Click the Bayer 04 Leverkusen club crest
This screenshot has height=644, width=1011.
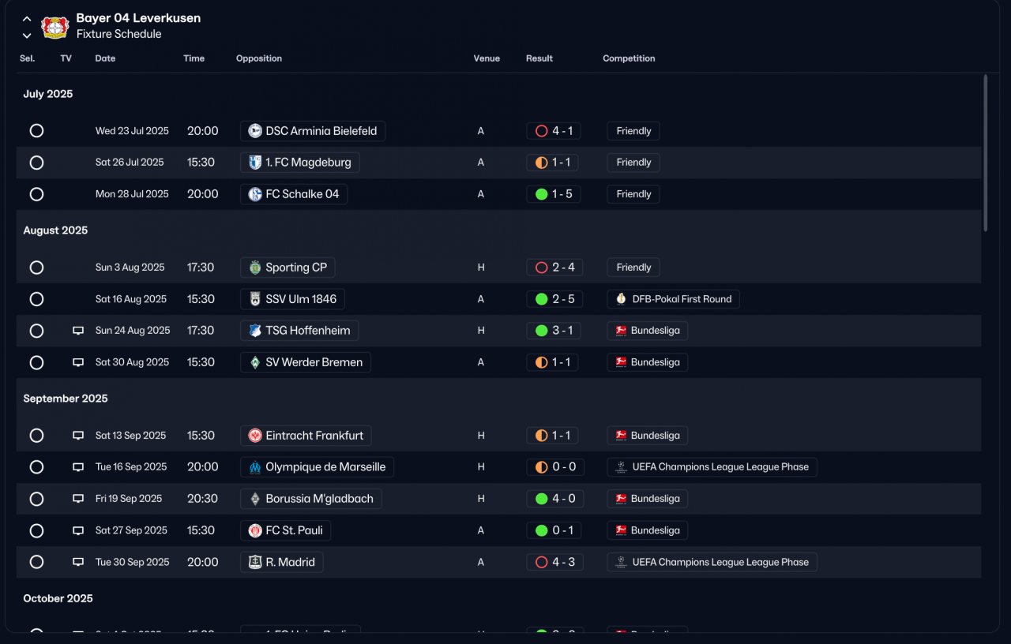[x=55, y=27]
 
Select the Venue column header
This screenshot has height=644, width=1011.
[x=487, y=58]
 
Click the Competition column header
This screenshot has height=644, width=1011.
[x=629, y=58]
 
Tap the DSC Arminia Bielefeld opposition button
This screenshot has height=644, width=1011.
[x=313, y=131]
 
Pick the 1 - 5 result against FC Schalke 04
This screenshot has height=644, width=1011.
[x=554, y=194]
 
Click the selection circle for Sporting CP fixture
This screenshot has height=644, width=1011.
[x=36, y=268]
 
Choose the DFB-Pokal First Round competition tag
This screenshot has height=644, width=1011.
[x=673, y=299]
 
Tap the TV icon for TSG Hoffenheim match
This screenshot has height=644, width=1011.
[x=78, y=331]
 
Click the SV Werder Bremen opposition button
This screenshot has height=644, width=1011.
[x=306, y=362]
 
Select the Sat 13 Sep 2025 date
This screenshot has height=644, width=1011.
[x=130, y=436]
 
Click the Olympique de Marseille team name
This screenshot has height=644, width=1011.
[x=325, y=467]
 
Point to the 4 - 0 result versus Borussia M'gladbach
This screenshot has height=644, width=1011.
[x=554, y=499]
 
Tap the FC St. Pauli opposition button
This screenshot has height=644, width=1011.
[x=285, y=530]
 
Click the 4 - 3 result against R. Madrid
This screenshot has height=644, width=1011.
[x=554, y=562]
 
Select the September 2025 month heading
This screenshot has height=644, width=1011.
[x=66, y=399]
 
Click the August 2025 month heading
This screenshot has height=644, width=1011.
[x=55, y=230]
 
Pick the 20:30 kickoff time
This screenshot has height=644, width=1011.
[x=202, y=499]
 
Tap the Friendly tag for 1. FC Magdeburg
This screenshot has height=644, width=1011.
[x=633, y=163]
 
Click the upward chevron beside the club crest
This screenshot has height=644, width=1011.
[x=27, y=18]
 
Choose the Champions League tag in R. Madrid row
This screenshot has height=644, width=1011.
[x=712, y=562]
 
